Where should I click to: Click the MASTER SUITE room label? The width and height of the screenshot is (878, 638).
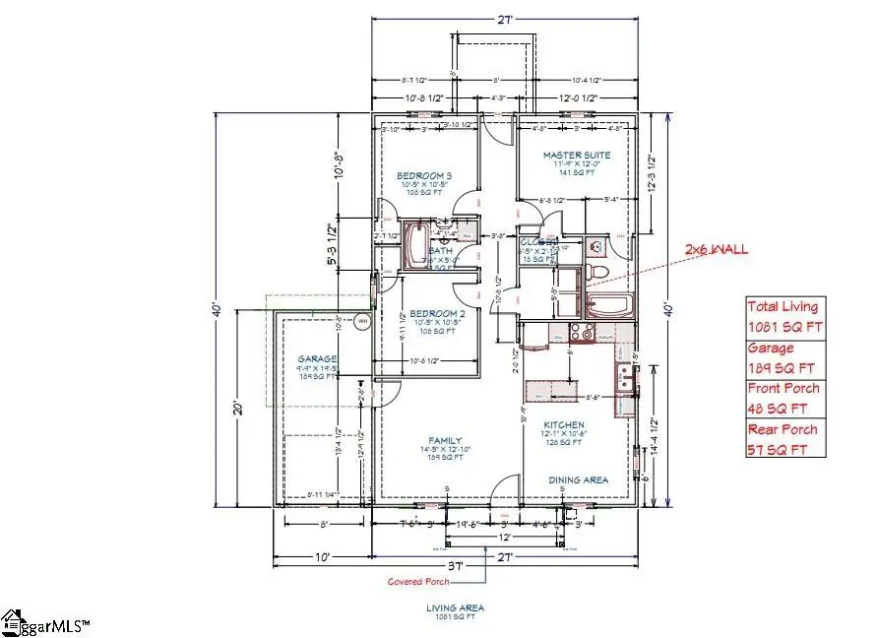tap(577, 155)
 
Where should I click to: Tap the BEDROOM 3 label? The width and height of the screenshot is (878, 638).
tap(425, 174)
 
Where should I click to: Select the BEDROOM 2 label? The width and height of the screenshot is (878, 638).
tap(425, 313)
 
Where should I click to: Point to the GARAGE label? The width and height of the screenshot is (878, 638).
tap(318, 359)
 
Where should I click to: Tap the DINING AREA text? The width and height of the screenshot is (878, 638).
tap(577, 480)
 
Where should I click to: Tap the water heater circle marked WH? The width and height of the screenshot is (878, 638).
tap(361, 320)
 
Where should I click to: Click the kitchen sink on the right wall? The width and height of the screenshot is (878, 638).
tap(624, 375)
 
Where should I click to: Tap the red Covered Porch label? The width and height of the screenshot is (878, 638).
tap(417, 581)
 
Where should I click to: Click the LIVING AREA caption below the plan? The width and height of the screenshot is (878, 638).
tap(455, 608)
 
